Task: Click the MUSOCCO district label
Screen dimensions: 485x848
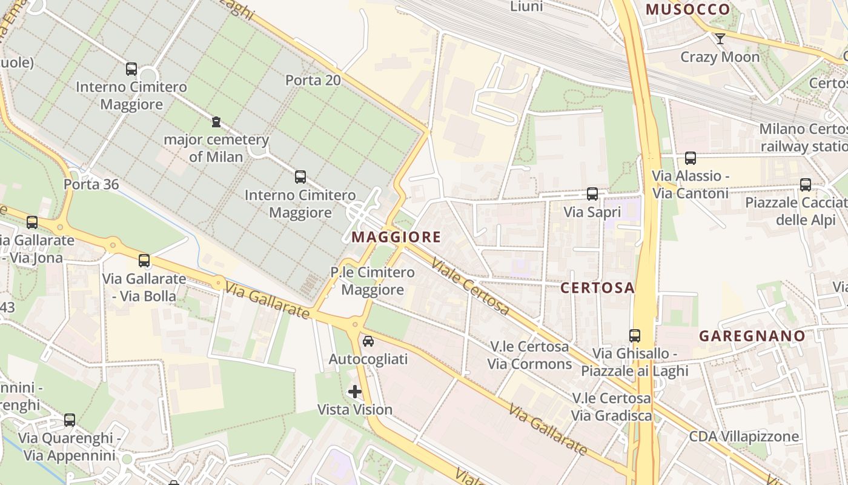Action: pos(688,9)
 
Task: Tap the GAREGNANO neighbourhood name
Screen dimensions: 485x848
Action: pos(752,336)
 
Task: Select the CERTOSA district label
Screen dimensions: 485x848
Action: pos(597,288)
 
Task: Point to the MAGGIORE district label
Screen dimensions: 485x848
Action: pos(396,237)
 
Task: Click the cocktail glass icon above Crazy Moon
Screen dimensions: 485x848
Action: pos(720,39)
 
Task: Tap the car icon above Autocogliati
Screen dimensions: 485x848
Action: pos(368,341)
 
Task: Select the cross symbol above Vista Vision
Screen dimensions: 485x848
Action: pos(355,392)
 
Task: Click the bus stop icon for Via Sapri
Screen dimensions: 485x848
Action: pos(592,194)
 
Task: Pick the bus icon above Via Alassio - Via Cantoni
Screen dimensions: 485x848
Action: pos(690,158)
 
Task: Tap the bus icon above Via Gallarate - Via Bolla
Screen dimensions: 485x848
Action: pos(144,261)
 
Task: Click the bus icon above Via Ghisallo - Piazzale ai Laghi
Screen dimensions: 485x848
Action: pos(634,335)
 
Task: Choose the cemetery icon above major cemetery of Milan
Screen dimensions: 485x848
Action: pos(216,122)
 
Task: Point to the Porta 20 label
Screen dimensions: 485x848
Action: pos(313,80)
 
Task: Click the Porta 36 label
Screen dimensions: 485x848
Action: pos(91,184)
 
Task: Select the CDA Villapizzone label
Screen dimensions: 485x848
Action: pos(744,436)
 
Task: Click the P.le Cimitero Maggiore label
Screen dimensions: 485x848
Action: pos(373,281)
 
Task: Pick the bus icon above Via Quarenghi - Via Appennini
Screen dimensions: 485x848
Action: pos(70,420)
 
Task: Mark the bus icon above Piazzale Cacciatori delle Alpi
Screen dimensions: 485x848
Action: pos(805,185)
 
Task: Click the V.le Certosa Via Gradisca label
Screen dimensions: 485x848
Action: pos(612,407)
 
